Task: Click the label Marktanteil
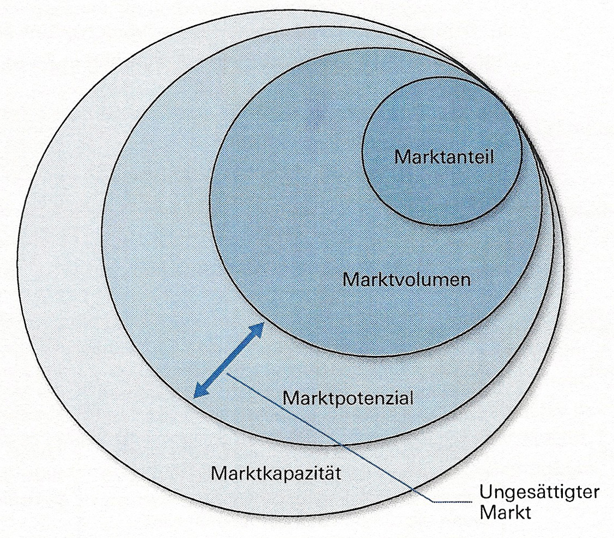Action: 443,158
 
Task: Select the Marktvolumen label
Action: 406,280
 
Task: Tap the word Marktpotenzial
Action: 348,397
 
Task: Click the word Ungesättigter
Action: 539,493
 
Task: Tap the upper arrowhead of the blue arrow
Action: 259,327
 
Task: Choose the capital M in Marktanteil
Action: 401,158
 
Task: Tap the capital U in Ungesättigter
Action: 487,493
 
